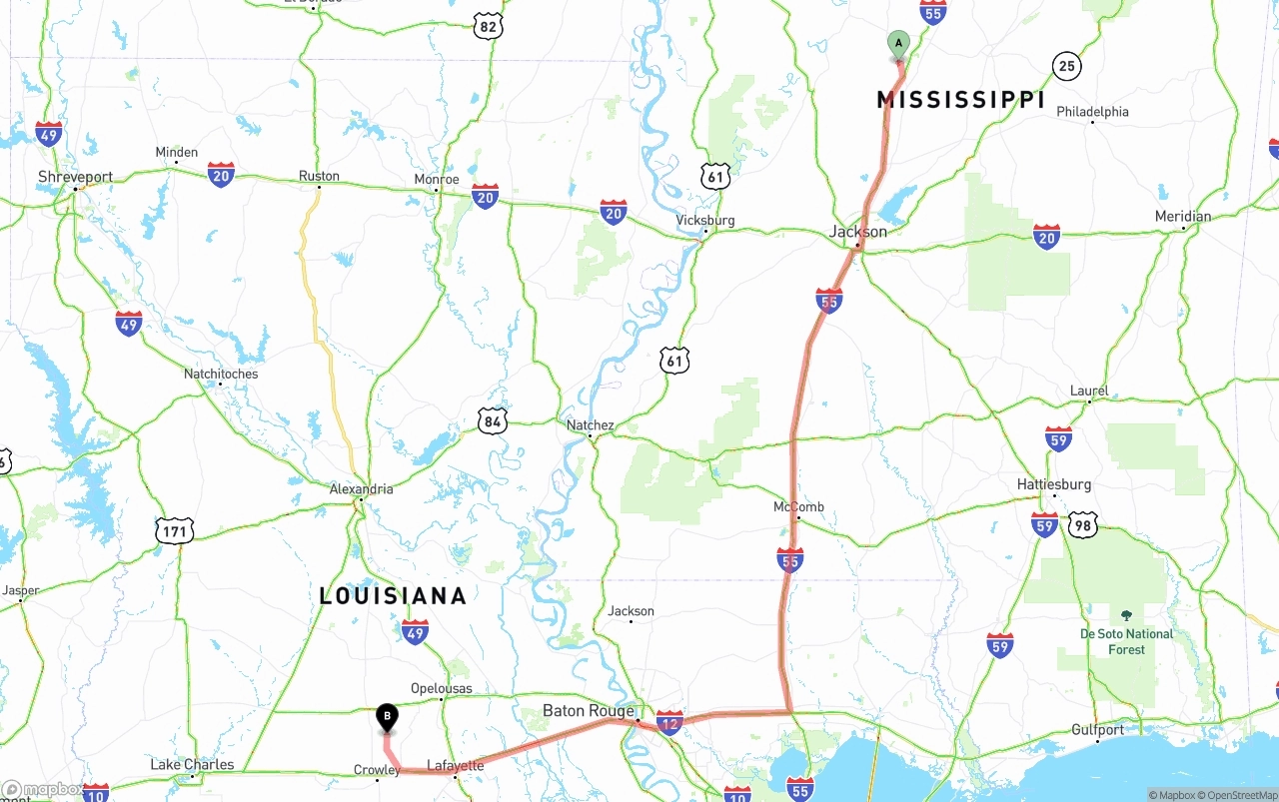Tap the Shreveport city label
coord(76,177)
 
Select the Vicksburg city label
coord(704,220)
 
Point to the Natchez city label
coord(590,425)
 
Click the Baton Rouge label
coord(589,711)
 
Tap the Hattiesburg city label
coord(1053,484)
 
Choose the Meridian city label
coord(1182,217)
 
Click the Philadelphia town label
coord(1092,112)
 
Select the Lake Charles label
coord(192,765)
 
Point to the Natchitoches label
coord(221,374)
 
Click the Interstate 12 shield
coord(670,723)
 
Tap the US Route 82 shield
coord(487,26)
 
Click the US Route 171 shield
coord(174,531)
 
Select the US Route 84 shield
coord(492,421)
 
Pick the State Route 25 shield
coord(1067,67)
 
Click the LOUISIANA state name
coord(393,596)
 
